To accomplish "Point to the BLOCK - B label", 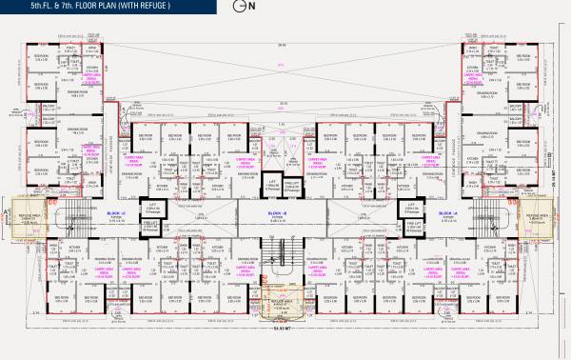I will click(277, 211).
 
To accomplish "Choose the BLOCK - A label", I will click(447, 211).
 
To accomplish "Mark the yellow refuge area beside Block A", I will click(542, 217).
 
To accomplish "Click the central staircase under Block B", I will click(283, 250).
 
